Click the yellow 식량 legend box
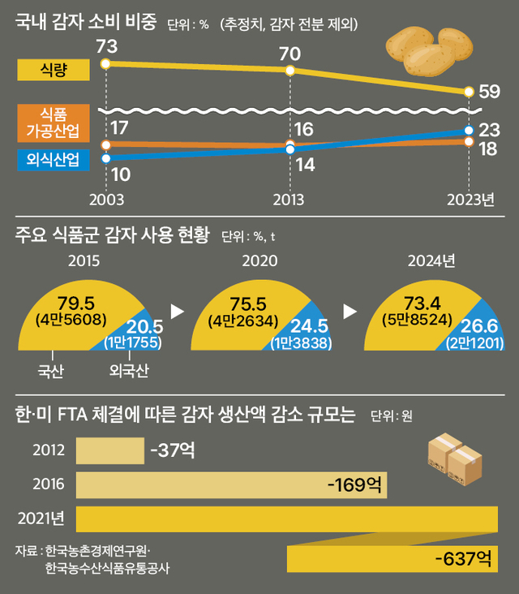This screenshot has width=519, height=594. point(54,71)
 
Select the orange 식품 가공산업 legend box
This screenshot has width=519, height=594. point(54,123)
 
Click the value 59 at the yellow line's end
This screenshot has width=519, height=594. point(490,93)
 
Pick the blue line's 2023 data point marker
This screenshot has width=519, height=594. point(469,130)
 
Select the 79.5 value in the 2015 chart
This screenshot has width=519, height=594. point(72,304)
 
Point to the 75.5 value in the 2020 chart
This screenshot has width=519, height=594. point(249,303)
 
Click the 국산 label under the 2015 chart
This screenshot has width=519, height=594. point(51,372)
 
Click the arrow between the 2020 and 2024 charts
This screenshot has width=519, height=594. point(351,311)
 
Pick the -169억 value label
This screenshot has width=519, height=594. point(354,485)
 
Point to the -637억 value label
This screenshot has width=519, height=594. point(463,558)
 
